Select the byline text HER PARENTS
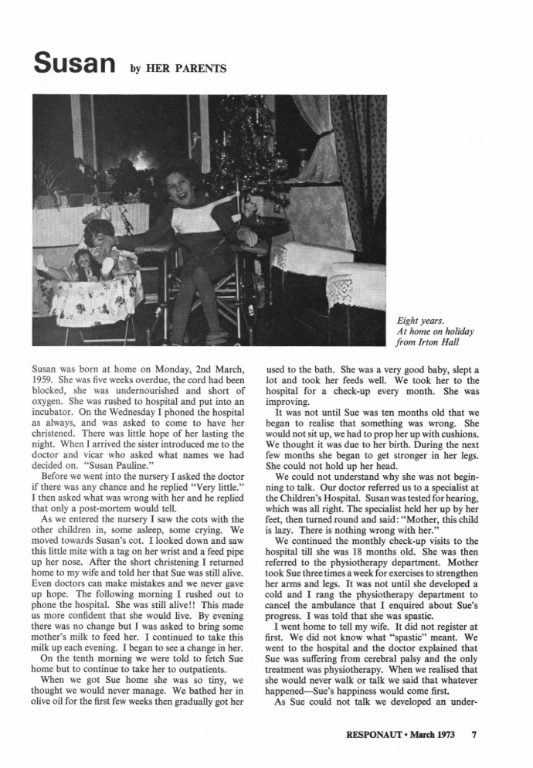pos(191,70)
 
